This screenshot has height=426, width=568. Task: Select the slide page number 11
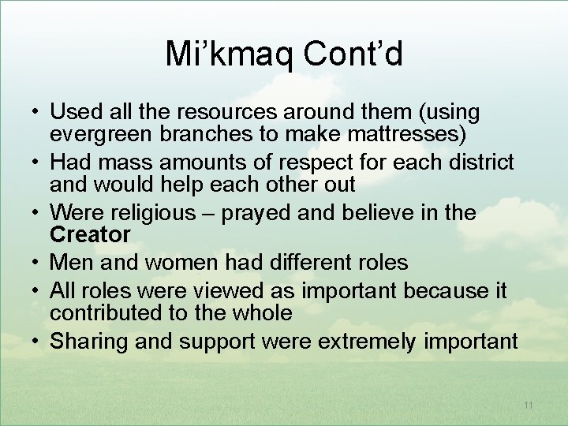point(528,405)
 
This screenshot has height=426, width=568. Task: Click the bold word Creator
point(90,234)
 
